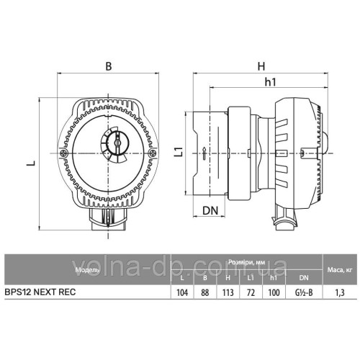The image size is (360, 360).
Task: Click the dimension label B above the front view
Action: (x=108, y=66)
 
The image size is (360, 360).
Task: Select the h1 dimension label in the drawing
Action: (x=271, y=83)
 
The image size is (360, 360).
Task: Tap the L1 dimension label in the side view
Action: (x=178, y=152)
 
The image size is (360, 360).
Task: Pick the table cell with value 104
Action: (x=181, y=293)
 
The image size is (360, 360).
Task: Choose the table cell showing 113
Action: (x=228, y=293)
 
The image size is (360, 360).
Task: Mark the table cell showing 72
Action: (x=249, y=293)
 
